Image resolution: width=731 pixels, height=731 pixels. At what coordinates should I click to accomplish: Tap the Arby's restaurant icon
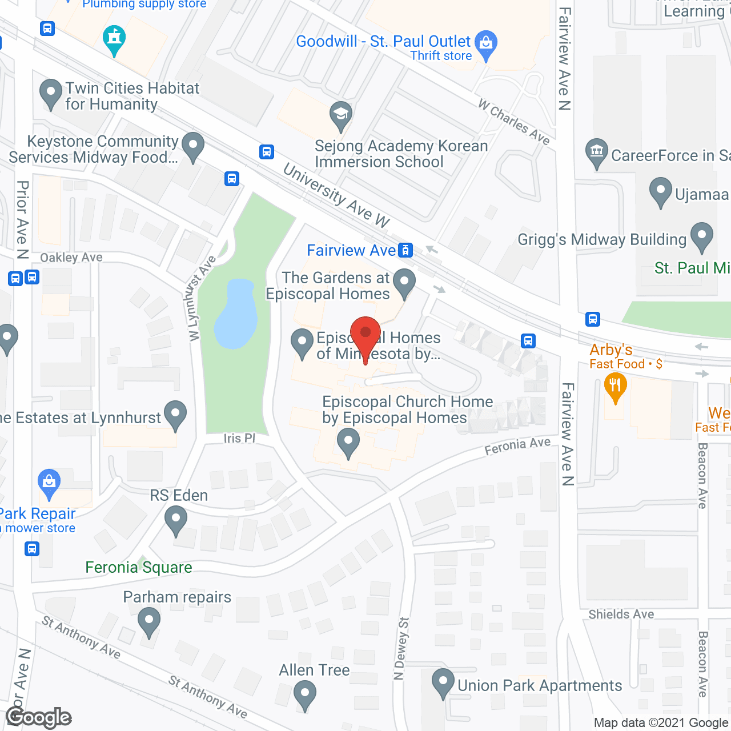pyautogui.click(x=615, y=387)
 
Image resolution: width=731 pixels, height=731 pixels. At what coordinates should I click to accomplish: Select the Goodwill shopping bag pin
pyautogui.click(x=486, y=44)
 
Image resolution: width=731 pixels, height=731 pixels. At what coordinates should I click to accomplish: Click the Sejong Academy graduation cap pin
pyautogui.click(x=341, y=115)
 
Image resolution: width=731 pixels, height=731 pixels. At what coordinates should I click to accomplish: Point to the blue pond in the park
pyautogui.click(x=235, y=314)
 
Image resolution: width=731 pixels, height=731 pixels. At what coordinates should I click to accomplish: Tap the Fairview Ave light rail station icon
pyautogui.click(x=405, y=250)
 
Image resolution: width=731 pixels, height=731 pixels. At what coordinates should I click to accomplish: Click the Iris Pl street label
pyautogui.click(x=239, y=438)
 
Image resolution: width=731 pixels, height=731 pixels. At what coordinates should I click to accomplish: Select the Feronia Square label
pyautogui.click(x=139, y=567)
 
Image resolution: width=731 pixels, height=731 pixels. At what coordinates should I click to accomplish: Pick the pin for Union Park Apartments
pyautogui.click(x=443, y=682)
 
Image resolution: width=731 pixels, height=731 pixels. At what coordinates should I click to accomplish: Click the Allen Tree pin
pyautogui.click(x=304, y=695)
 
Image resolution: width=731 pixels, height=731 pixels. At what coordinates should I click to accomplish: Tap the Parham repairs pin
pyautogui.click(x=149, y=621)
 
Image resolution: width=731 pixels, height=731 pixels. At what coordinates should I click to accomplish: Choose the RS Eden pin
pyautogui.click(x=175, y=521)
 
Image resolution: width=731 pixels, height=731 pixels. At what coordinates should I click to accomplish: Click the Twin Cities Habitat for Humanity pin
pyautogui.click(x=51, y=93)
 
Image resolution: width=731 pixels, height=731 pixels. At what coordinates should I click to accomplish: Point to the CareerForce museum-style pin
pyautogui.click(x=597, y=152)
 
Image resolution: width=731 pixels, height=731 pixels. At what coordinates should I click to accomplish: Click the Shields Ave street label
pyautogui.click(x=621, y=614)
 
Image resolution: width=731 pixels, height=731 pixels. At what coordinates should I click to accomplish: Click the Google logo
pyautogui.click(x=39, y=717)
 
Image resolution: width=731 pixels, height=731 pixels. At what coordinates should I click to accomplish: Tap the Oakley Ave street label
pyautogui.click(x=71, y=258)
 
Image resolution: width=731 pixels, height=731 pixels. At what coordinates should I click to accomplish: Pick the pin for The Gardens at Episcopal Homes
pyautogui.click(x=405, y=282)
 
